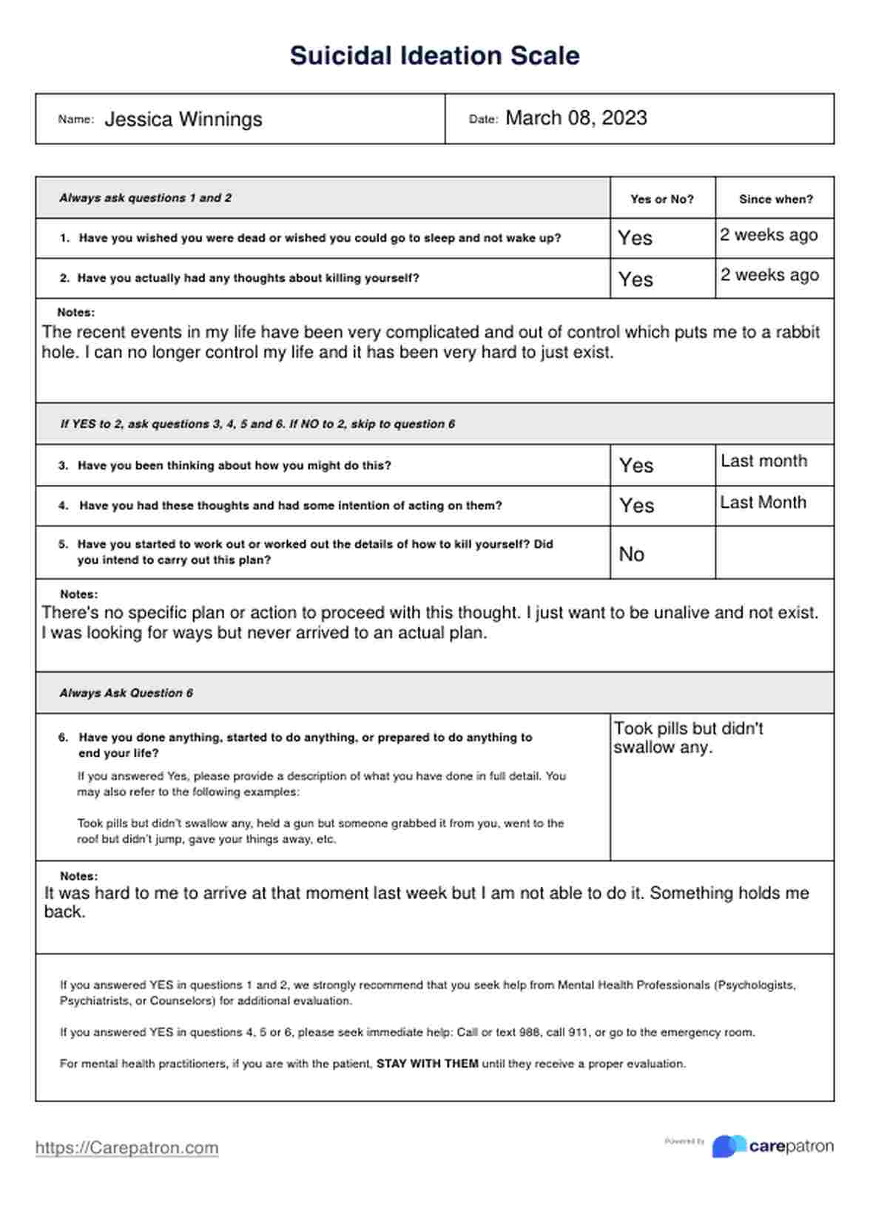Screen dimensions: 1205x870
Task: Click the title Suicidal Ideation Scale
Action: [x=434, y=55]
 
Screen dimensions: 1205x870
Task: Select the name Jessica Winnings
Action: [x=183, y=119]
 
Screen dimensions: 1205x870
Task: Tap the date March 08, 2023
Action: [x=576, y=118]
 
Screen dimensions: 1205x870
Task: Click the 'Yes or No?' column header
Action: [x=661, y=199]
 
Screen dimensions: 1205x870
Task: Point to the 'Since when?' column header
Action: [x=775, y=199]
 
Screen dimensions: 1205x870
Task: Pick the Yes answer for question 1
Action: [x=635, y=238]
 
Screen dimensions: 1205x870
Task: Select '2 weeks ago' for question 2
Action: [x=769, y=275]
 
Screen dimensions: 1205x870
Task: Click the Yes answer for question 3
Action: [x=635, y=466]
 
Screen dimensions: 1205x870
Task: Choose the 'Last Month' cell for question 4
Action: [x=763, y=503]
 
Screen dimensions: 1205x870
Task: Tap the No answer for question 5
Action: [x=631, y=554]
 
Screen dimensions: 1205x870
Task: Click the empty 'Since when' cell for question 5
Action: [x=774, y=553]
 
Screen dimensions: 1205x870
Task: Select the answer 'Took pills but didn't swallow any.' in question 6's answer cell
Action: [x=688, y=738]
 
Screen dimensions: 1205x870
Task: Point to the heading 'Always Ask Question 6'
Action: [x=126, y=693]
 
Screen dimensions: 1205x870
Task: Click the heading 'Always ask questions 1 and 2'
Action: [x=145, y=198]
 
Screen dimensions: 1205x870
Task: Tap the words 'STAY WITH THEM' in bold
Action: [x=427, y=1064]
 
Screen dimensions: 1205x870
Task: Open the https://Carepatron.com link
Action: [x=127, y=1148]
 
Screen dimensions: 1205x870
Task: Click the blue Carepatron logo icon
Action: [x=728, y=1147]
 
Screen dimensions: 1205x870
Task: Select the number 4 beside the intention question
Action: [x=63, y=506]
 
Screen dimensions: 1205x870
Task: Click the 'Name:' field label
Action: [x=75, y=119]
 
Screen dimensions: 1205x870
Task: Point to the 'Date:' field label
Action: [x=483, y=119]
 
